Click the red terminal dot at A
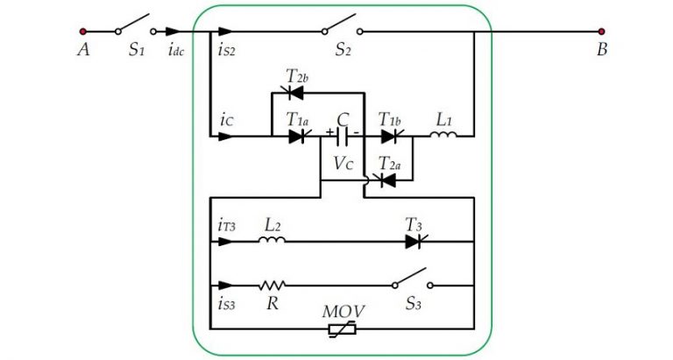coord(83,31)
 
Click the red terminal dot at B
coord(601,31)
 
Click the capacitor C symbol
coord(343,137)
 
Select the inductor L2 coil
coord(272,241)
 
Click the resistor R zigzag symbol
coord(272,286)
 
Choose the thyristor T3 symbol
coord(414,241)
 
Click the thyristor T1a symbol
coord(295,136)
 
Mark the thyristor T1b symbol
coord(388,136)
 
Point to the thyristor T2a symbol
coord(384,180)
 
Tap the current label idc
coord(175,50)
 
